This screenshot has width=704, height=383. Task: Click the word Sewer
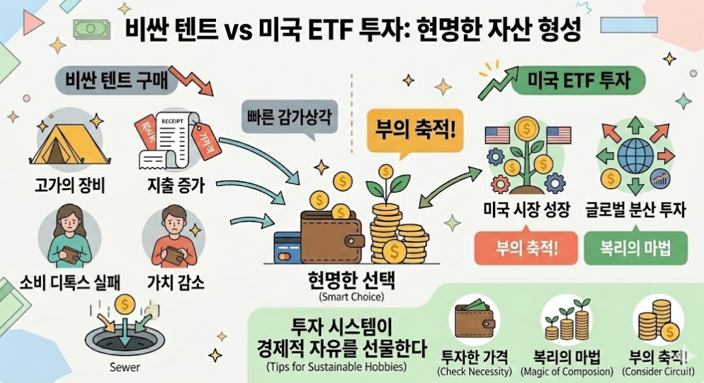pyautogui.click(x=125, y=368)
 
